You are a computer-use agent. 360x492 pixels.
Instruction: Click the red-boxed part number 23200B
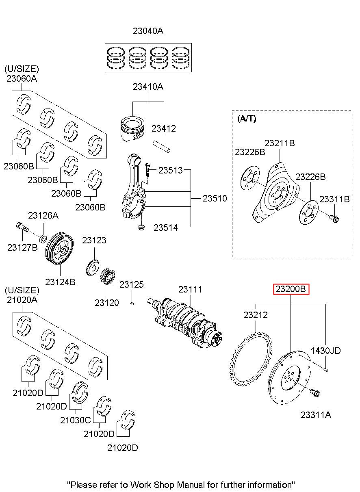point(291,289)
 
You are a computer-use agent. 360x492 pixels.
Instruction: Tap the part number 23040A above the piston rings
point(148,31)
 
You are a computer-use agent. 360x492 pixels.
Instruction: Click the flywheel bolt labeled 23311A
point(315,394)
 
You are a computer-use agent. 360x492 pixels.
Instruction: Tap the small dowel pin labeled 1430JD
point(325,368)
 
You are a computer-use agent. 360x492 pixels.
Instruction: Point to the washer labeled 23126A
point(43,237)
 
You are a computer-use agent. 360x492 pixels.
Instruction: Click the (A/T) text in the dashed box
point(246,119)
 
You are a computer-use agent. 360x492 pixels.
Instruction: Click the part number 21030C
point(76,420)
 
